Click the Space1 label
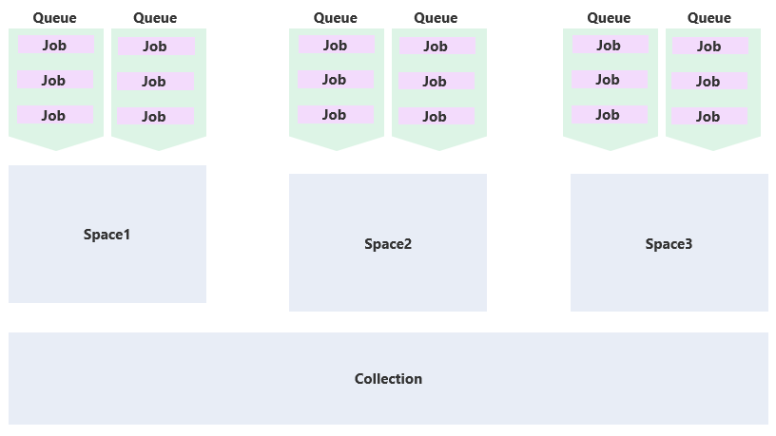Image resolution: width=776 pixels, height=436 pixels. tap(107, 235)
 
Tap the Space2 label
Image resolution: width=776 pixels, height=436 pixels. tap(388, 244)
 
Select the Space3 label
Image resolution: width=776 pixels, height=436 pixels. tap(669, 244)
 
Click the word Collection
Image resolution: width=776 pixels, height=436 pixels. tap(388, 379)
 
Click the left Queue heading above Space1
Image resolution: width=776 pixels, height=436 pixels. tap(55, 18)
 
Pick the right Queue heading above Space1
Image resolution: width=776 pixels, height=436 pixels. tap(155, 18)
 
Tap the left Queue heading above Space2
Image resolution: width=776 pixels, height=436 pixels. tap(336, 18)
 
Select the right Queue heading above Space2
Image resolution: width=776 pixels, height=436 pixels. tap(436, 18)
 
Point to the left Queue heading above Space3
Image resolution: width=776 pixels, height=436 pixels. tap(609, 18)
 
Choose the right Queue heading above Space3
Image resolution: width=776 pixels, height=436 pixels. tap(709, 18)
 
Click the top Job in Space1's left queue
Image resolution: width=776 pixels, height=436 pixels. tap(55, 45)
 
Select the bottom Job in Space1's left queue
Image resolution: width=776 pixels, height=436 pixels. tap(55, 115)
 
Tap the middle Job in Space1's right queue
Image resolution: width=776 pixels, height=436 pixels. tap(154, 82)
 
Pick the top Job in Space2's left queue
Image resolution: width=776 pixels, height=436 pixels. tap(335, 45)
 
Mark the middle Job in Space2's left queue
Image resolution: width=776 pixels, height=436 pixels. tap(335, 80)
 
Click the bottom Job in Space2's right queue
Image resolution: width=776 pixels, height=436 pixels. tap(435, 117)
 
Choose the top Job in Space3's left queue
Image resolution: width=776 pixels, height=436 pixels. tap(609, 45)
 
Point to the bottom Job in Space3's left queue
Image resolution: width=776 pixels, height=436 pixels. tap(609, 115)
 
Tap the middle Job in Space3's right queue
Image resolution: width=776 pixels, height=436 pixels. tap(708, 82)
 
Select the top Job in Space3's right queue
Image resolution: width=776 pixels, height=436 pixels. tap(709, 47)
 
